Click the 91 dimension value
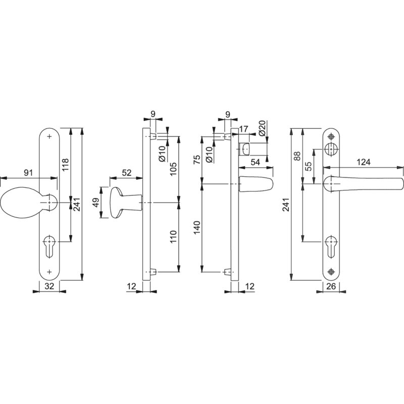(28, 173)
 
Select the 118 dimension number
(66, 165)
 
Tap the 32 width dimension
(49, 286)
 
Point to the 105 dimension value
(173, 169)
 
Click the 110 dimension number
(173, 236)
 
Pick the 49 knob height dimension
(95, 203)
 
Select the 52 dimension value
(127, 173)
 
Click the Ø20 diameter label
(262, 128)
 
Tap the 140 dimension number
(197, 228)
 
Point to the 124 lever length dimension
(364, 162)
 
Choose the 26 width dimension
(331, 286)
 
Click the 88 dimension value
(297, 156)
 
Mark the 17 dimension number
(243, 129)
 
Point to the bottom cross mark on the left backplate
(49, 272)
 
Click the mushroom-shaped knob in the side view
(125, 203)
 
